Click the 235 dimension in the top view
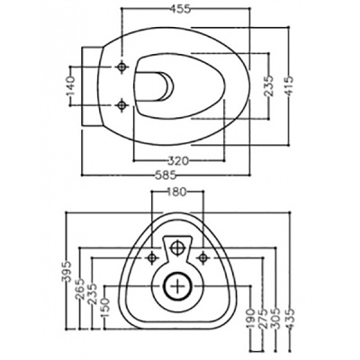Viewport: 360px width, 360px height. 269,87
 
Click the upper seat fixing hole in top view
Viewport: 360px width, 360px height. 120,67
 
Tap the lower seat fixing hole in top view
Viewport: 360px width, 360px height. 120,108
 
